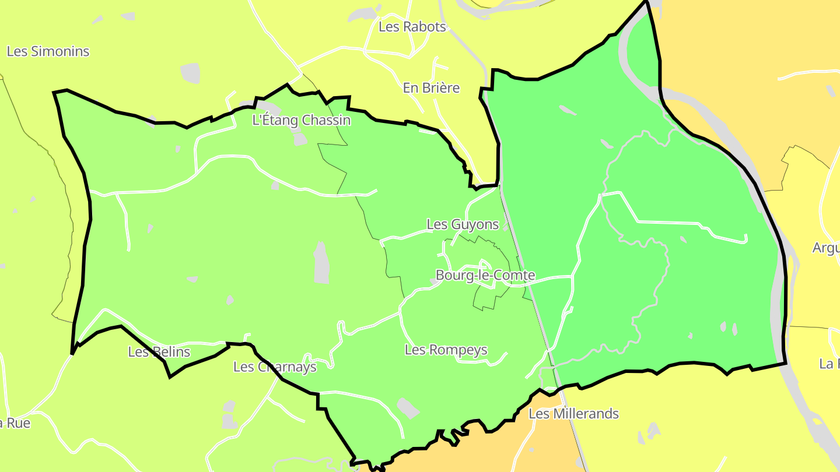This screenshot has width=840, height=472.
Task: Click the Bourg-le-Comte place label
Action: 485,275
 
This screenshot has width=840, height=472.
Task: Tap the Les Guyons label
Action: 463,224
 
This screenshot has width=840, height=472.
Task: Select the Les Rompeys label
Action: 446,350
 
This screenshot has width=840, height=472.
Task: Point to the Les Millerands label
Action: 573,414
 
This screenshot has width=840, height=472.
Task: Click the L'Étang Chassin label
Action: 301,121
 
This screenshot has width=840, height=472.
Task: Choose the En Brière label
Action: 431,88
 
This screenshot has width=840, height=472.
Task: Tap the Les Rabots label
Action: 412,27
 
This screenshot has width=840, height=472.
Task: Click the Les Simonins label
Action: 48,51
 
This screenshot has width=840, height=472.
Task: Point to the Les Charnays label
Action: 275,367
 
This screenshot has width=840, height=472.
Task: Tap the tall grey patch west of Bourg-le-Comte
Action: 321,263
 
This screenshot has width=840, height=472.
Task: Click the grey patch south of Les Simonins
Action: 190,73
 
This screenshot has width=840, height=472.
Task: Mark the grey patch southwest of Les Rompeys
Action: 408,408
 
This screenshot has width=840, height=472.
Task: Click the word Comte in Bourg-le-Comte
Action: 516,275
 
